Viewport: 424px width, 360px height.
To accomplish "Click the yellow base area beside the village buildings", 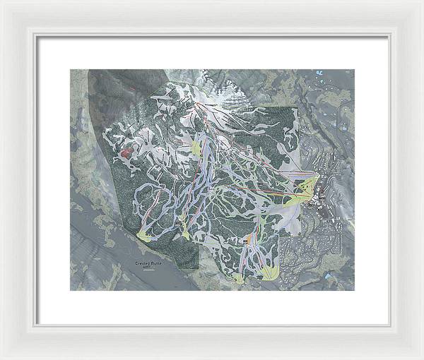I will [x=307, y=188].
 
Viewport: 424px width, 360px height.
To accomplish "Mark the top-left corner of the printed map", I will [x=70, y=70].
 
